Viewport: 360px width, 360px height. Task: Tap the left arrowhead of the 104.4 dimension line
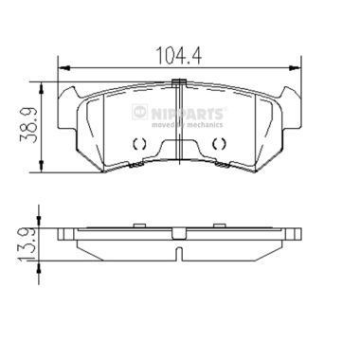point(63,66)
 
